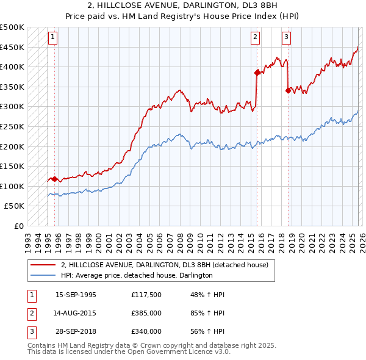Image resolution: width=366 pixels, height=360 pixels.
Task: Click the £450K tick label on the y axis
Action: click(12, 48)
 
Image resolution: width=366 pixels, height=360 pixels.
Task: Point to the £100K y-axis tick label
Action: click(12, 186)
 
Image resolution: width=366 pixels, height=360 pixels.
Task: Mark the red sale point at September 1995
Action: click(55, 179)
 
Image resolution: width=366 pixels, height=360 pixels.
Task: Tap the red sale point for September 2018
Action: click(288, 90)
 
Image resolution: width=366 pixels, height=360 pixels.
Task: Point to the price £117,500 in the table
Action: click(146, 295)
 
